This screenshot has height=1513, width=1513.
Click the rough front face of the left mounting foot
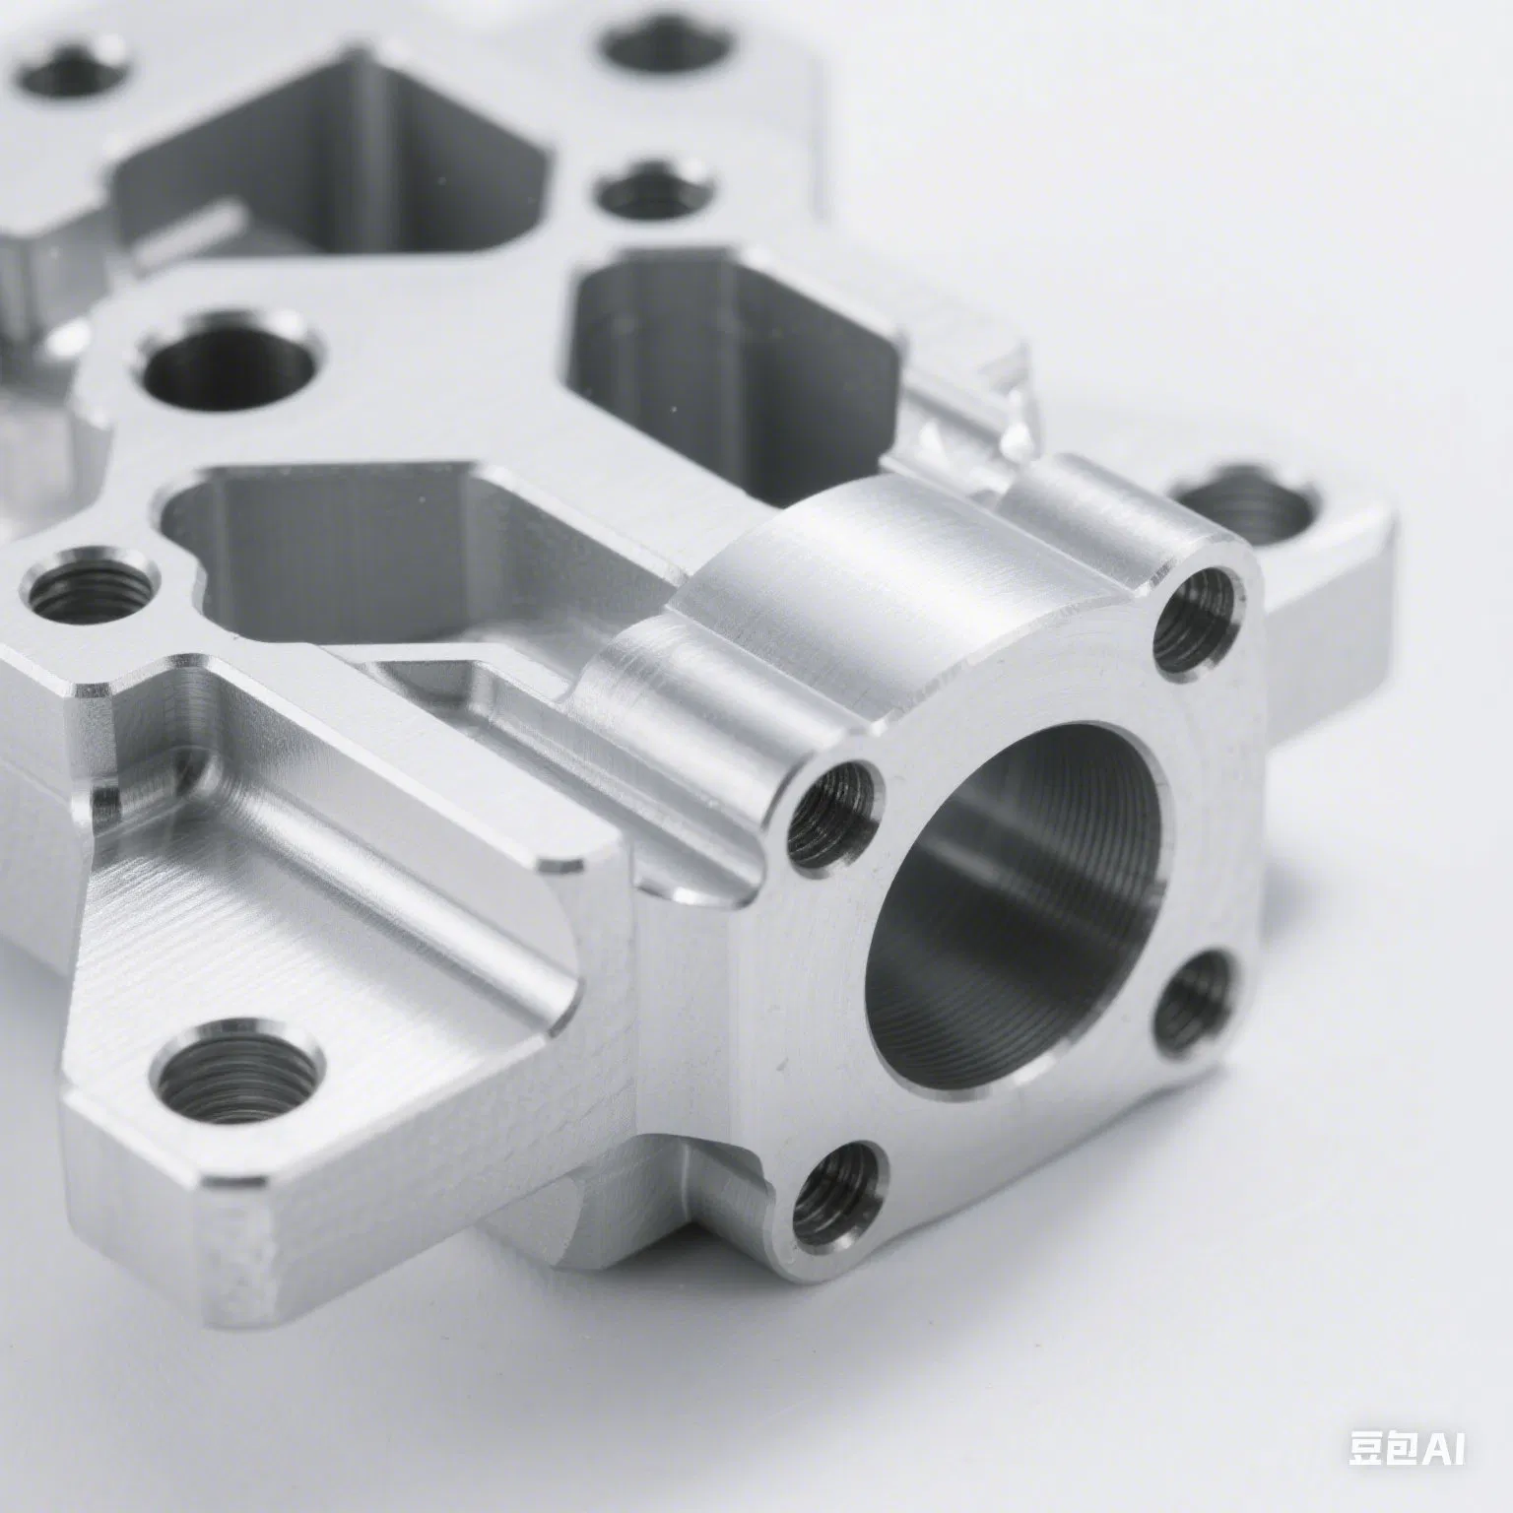(236, 1271)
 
